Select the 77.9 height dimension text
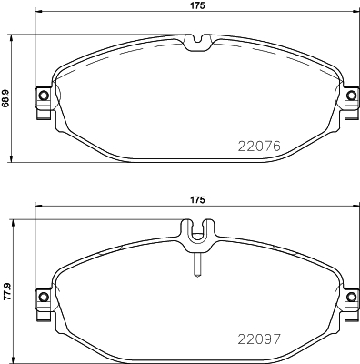coord(6,292)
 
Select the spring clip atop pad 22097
coord(196,235)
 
